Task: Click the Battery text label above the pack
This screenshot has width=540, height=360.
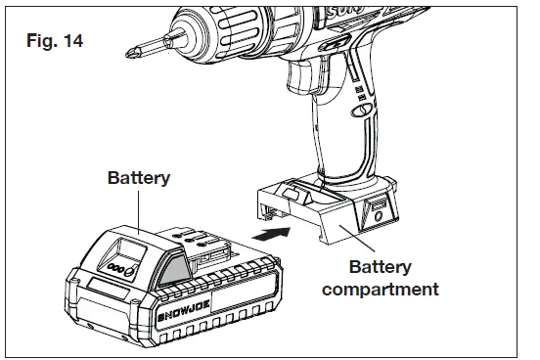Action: tap(138, 178)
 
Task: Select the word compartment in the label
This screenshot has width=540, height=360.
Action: tap(381, 290)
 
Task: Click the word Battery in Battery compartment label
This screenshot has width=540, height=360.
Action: tap(381, 267)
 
